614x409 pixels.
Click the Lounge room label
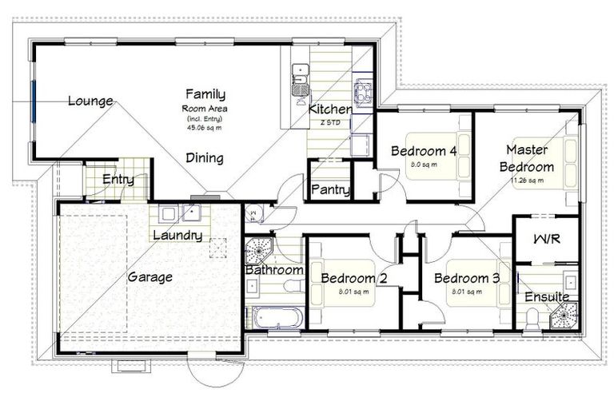[x=90, y=101]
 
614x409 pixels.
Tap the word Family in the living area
[x=205, y=94]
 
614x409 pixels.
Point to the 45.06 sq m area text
[x=205, y=125]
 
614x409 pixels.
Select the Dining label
[x=205, y=157]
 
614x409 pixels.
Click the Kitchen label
[x=329, y=109]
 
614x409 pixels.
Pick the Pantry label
[x=330, y=189]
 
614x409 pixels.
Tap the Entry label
[x=118, y=179]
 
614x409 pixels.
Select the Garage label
[x=150, y=277]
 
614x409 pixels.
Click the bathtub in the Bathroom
[x=277, y=317]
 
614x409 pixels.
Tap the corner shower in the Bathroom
[x=258, y=251]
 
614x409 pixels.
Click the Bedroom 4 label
[x=425, y=150]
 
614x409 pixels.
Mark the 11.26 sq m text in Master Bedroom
[x=526, y=181]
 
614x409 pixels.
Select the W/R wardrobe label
[x=546, y=240]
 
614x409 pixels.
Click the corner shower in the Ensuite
[x=566, y=313]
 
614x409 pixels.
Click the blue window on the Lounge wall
[x=34, y=100]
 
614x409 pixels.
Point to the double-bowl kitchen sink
[x=301, y=76]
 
